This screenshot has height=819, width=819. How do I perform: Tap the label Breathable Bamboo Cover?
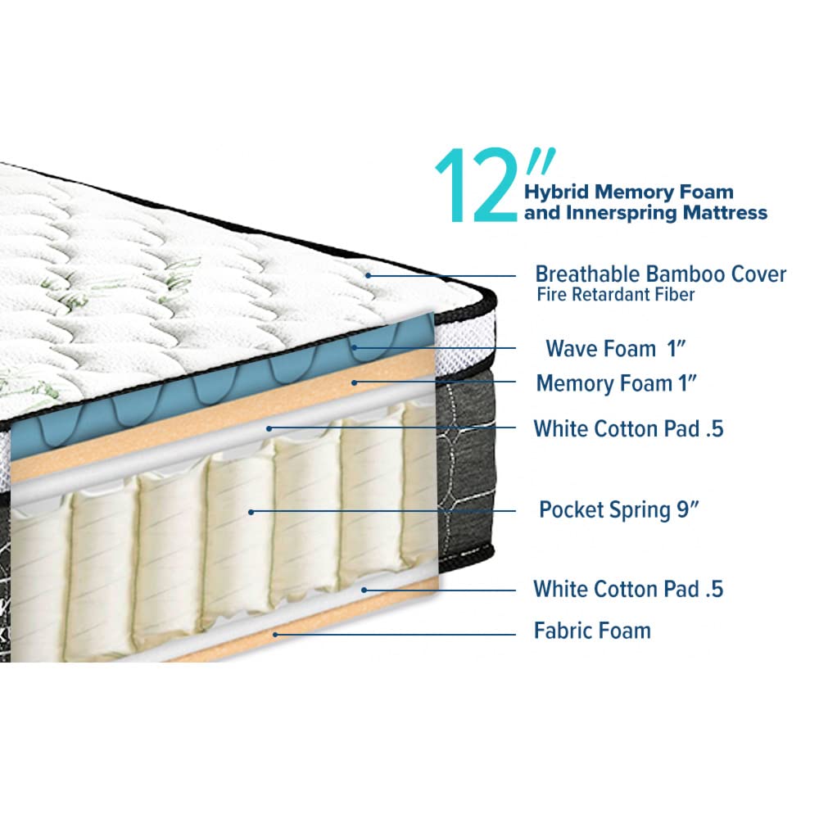click(x=661, y=274)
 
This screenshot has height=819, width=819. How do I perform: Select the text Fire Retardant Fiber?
click(x=615, y=295)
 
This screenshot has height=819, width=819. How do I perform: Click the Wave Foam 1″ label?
click(x=615, y=348)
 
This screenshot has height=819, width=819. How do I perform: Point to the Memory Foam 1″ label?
click(x=617, y=384)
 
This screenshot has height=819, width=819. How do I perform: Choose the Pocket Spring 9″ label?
click(x=618, y=510)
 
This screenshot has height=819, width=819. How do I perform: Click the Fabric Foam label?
click(x=592, y=631)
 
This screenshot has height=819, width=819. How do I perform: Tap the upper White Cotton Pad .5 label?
click(x=628, y=429)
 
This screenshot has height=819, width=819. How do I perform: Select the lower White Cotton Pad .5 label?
click(x=628, y=589)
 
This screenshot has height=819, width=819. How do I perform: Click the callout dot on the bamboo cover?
click(x=369, y=275)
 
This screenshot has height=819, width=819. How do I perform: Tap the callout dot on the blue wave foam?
click(x=355, y=346)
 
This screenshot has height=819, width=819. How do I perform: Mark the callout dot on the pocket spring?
click(x=251, y=512)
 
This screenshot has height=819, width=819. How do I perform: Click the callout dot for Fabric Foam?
click(x=275, y=635)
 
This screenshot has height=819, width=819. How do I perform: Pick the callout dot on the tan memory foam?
click(x=354, y=382)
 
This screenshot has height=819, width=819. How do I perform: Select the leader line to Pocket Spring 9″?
click(x=383, y=512)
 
